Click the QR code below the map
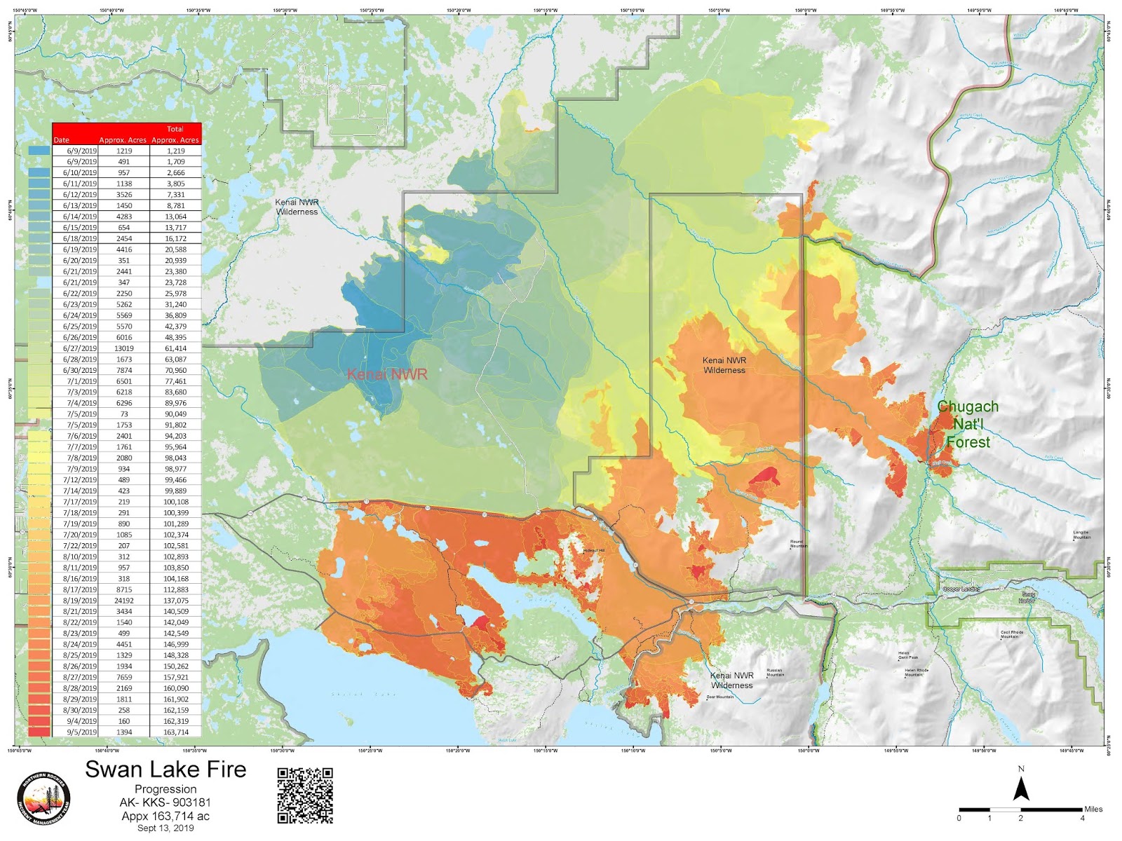pyautogui.click(x=305, y=795)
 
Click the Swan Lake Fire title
pyautogui.click(x=165, y=770)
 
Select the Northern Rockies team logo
pyautogui.click(x=43, y=800)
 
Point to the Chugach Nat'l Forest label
pyautogui.click(x=968, y=424)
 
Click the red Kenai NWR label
pyautogui.click(x=387, y=374)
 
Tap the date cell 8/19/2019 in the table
pyautogui.click(x=80, y=601)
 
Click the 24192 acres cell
pyautogui.click(x=124, y=601)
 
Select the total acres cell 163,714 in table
pyautogui.click(x=175, y=732)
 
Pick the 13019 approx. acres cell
pyautogui.click(x=124, y=348)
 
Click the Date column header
pyautogui.click(x=62, y=140)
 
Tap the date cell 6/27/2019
pyautogui.click(x=80, y=348)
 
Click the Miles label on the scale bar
pyautogui.click(x=1093, y=809)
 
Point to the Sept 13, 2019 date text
pyautogui.click(x=165, y=828)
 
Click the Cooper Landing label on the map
pyautogui.click(x=961, y=589)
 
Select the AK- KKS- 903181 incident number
pyautogui.click(x=165, y=802)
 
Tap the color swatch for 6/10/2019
pyautogui.click(x=39, y=172)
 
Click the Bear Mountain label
pyautogui.click(x=720, y=697)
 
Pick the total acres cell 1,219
pyautogui.click(x=175, y=151)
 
